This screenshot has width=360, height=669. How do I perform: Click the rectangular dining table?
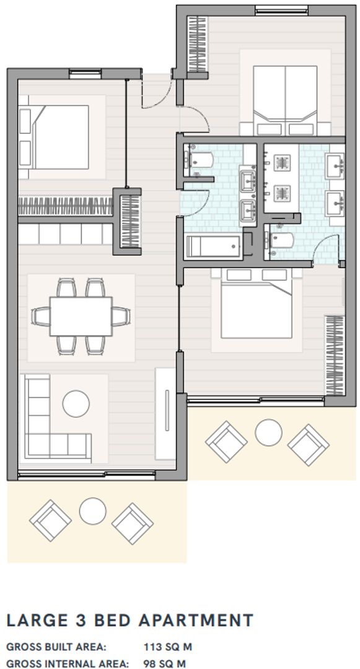pyautogui.click(x=81, y=315)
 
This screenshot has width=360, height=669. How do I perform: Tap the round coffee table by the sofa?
pyautogui.click(x=76, y=403)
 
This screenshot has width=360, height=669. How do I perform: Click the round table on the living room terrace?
pyautogui.click(x=92, y=512)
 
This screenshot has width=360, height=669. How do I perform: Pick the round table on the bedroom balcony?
pyautogui.click(x=268, y=432)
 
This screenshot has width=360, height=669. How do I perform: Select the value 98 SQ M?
pyautogui.click(x=164, y=664)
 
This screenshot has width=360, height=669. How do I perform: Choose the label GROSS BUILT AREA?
pyautogui.click(x=56, y=647)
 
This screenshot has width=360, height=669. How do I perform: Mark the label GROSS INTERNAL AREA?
pyautogui.click(x=67, y=664)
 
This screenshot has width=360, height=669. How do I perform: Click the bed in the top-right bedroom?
pyautogui.click(x=284, y=97)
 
